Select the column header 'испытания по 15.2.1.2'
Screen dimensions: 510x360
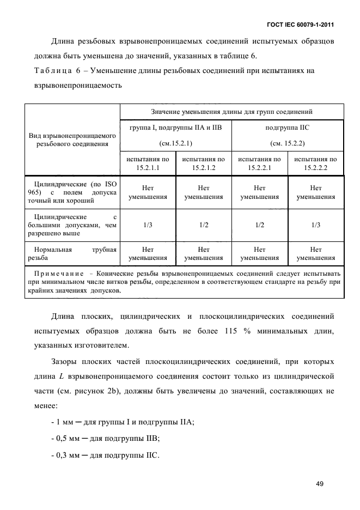pos(204,163)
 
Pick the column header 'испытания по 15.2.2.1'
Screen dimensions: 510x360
pos(260,163)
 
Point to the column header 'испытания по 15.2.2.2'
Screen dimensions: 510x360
pos(315,163)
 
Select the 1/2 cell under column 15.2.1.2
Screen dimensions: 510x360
pos(204,224)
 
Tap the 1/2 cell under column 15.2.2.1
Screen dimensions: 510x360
pos(260,224)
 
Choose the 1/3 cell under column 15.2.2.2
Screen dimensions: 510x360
pos(315,224)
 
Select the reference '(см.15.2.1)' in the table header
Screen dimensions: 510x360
pos(176,143)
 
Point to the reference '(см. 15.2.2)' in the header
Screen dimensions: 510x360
pos(287,143)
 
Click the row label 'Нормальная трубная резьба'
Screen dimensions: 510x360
pos(72,254)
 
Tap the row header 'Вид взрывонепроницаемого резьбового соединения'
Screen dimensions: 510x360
pos(72,139)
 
